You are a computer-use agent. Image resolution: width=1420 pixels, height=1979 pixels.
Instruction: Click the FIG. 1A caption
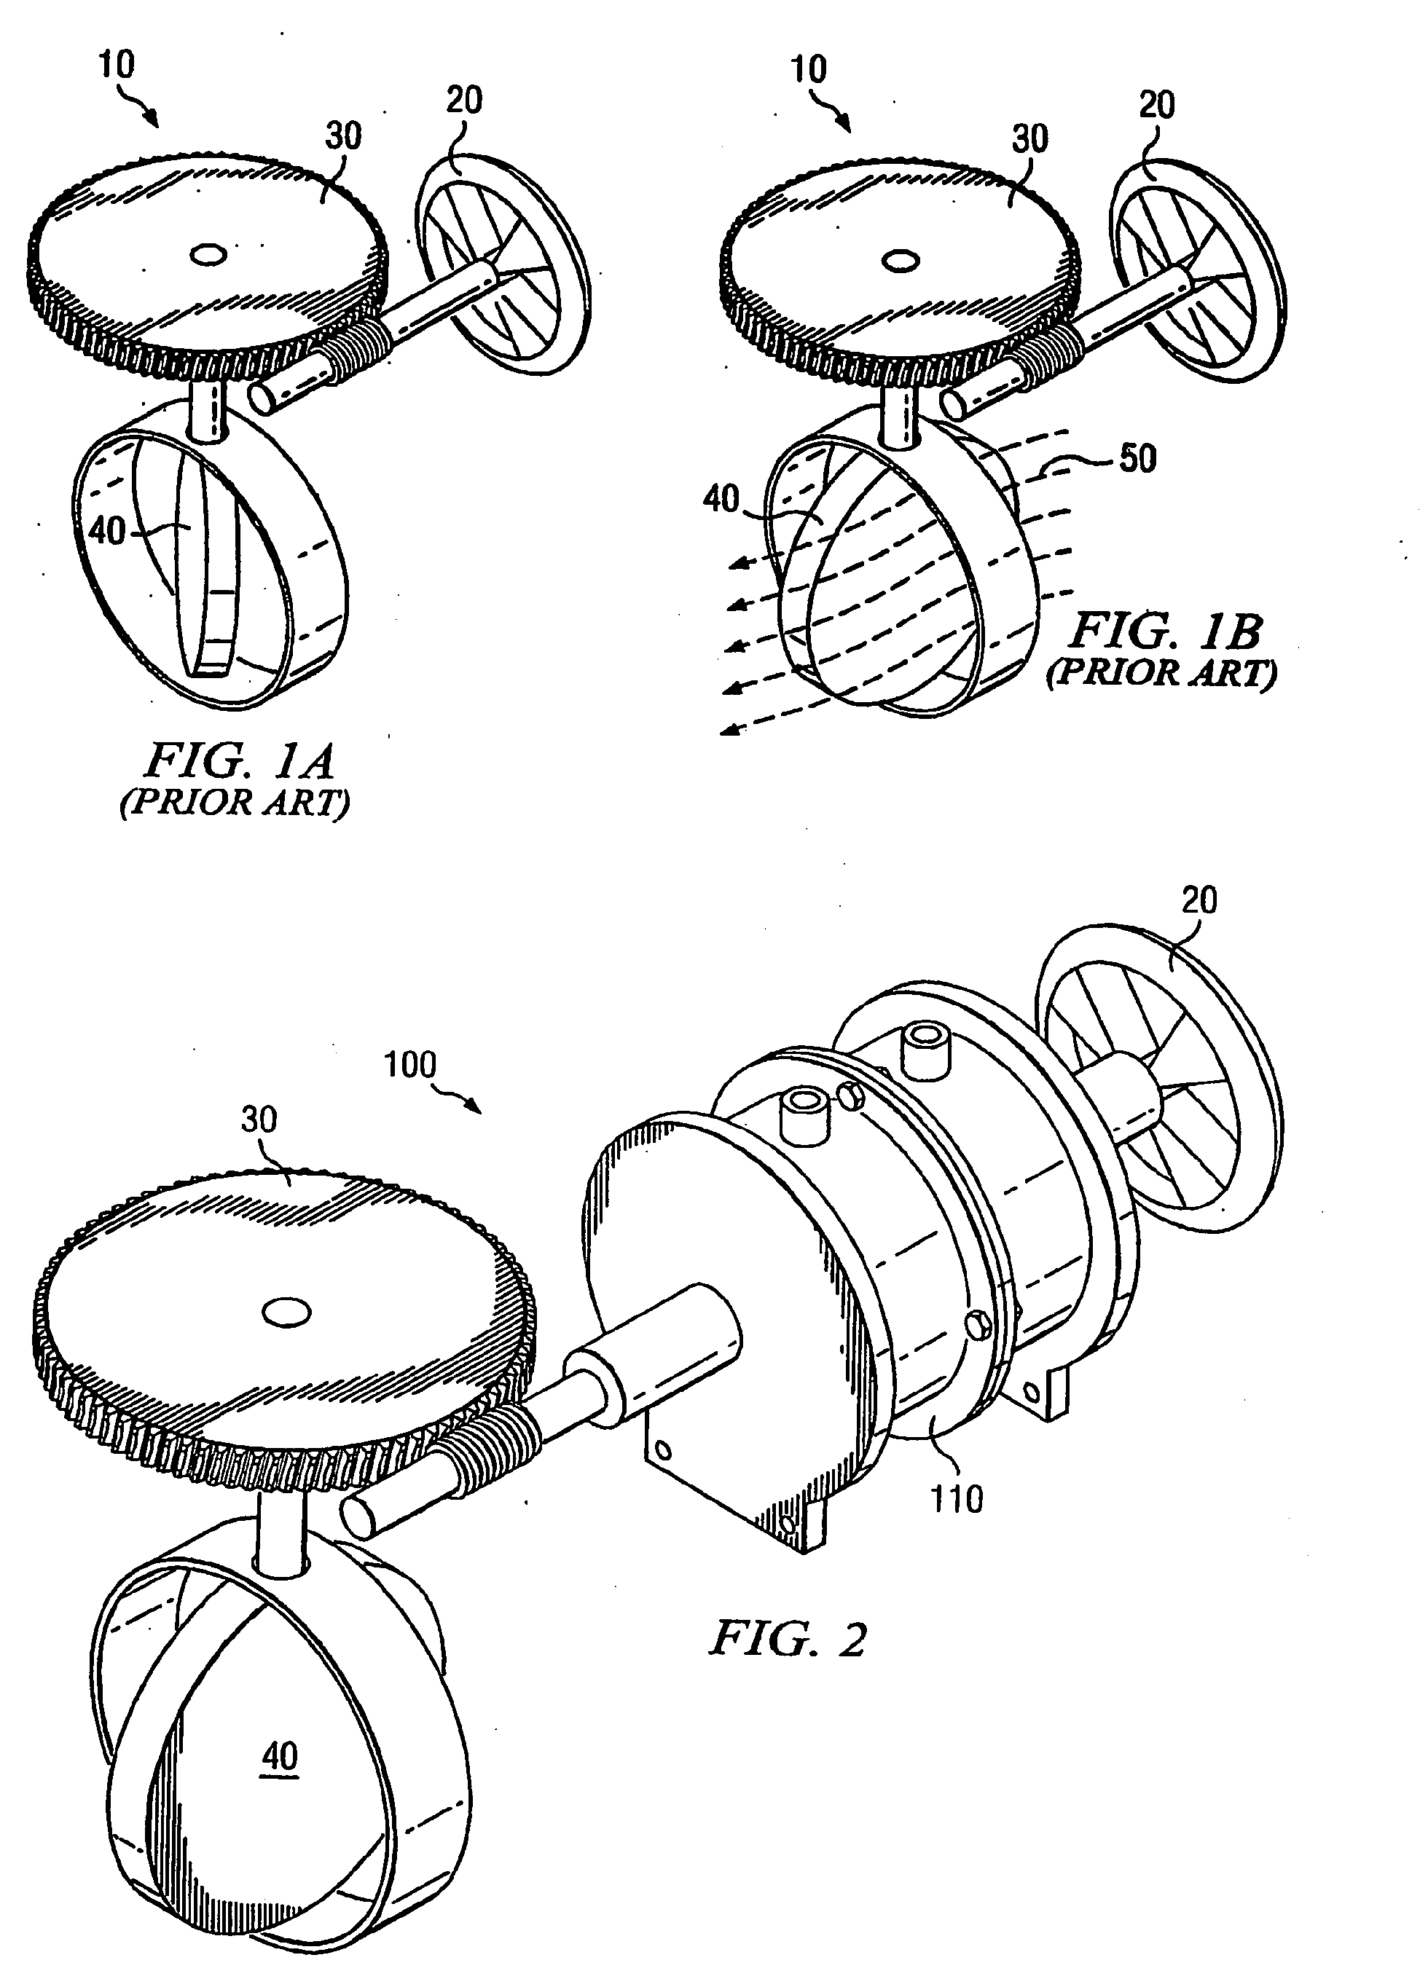pos(238,761)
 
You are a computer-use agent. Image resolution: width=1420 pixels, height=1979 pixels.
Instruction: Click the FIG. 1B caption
pos(1165,630)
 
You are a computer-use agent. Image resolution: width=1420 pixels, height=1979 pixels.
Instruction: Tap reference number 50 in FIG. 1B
pos(1137,459)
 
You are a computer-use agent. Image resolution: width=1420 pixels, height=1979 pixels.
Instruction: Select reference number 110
pos(957,1499)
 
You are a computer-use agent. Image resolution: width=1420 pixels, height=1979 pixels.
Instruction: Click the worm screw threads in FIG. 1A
pos(358,345)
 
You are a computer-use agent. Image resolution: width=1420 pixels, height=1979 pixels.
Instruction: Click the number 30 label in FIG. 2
pos(259,1120)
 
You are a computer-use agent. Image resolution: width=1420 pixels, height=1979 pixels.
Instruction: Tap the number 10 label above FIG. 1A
pos(116,65)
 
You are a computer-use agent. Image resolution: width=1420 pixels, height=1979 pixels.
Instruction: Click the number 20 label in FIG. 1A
pos(463,101)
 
